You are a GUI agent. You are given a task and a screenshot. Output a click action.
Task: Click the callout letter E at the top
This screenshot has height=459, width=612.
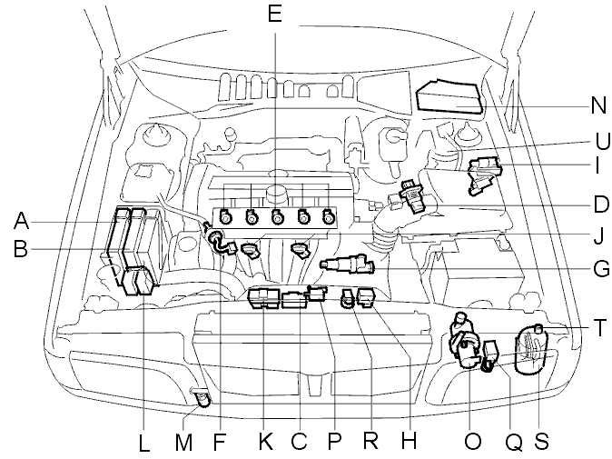point(275,14)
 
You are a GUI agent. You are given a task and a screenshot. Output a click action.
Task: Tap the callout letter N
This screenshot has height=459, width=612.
point(598,105)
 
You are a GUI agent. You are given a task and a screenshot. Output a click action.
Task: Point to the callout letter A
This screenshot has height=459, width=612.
point(21,221)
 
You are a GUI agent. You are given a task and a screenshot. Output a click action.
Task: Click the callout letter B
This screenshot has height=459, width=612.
point(20,248)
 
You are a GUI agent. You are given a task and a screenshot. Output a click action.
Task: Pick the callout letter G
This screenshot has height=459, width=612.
point(601,269)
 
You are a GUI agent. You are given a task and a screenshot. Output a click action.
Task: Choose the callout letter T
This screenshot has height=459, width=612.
point(600,328)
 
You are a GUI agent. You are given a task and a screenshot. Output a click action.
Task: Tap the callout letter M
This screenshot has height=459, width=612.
point(183,443)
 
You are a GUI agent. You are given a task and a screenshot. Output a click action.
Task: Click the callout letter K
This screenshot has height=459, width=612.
point(265,442)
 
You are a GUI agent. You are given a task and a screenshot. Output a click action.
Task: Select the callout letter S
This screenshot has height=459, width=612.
point(541,442)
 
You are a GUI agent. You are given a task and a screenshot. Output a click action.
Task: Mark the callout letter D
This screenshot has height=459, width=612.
point(601,205)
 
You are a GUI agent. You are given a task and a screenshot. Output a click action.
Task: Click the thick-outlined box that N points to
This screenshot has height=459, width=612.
point(449,96)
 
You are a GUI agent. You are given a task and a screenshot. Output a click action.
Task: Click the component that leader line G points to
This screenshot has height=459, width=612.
point(347,264)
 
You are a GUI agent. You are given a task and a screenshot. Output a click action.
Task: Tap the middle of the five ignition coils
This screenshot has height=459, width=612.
point(277,217)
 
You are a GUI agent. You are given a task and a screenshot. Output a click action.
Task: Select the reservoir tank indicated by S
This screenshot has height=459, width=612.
point(532,351)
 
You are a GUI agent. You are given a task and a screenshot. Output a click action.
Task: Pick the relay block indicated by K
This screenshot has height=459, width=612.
point(264,298)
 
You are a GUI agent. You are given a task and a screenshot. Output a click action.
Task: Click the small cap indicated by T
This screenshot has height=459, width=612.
point(538,327)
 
